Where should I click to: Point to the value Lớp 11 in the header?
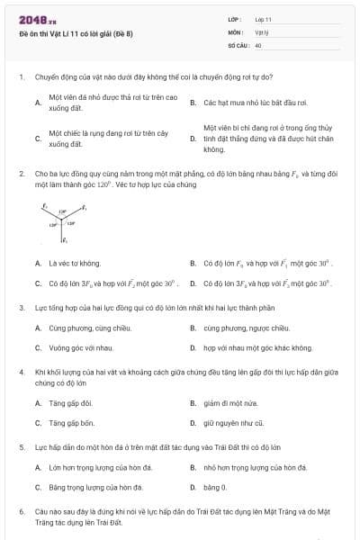point(264,19)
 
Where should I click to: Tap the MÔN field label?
point(237,31)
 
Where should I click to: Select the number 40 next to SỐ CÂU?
point(258,44)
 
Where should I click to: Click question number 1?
point(21,77)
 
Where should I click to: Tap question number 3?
point(21,307)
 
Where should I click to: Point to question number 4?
point(21,371)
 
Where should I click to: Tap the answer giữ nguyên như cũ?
point(233,422)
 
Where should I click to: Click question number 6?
point(21,510)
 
